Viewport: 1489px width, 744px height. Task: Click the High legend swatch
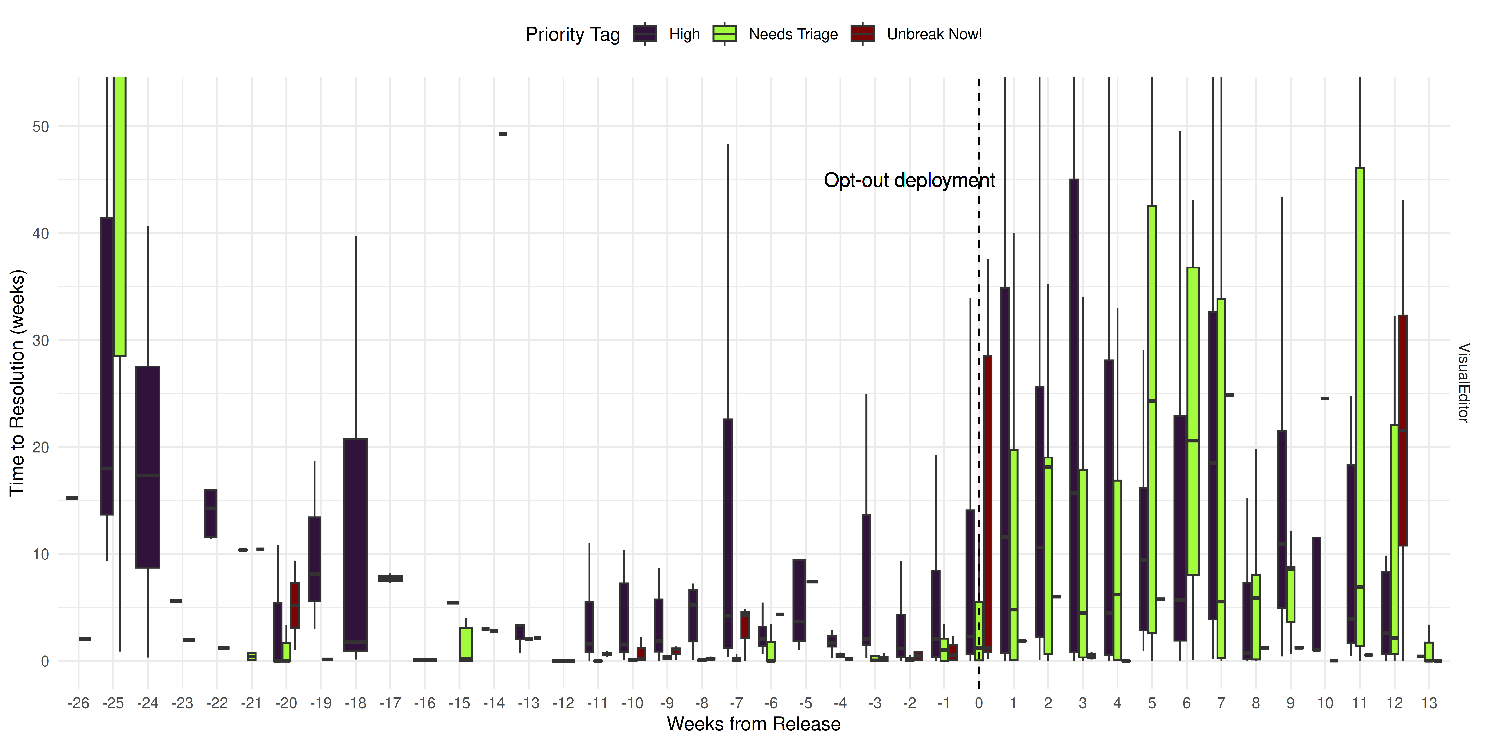click(x=644, y=34)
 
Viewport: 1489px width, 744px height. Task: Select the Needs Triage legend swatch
click(x=724, y=34)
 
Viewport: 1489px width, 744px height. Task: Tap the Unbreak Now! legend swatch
click(x=862, y=34)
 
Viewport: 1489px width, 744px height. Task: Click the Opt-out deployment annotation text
click(x=909, y=180)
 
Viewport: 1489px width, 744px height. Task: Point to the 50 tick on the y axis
click(x=41, y=126)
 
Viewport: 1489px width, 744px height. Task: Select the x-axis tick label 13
click(x=1429, y=703)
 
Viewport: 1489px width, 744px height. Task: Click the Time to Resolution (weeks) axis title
click(x=17, y=382)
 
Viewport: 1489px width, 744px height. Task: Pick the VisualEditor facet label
click(x=1464, y=382)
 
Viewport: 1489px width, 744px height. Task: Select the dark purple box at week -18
click(x=355, y=545)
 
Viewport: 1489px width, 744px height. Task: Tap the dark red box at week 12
click(x=1403, y=430)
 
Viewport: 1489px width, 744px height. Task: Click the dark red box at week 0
click(x=987, y=504)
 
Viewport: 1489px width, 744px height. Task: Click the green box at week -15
click(x=466, y=644)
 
